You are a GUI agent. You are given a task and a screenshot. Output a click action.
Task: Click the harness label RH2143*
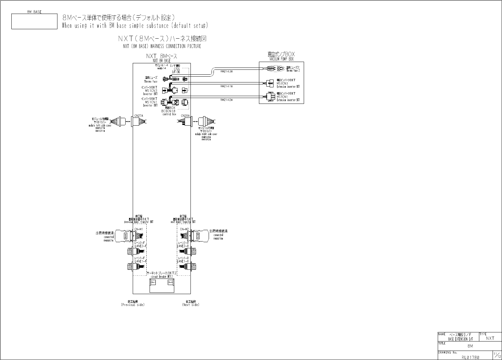point(227,71)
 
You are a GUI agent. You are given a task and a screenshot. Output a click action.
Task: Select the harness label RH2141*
point(227,86)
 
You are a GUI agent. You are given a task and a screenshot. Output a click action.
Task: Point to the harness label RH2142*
point(227,100)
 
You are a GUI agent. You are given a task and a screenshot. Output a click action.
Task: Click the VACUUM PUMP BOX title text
point(281,59)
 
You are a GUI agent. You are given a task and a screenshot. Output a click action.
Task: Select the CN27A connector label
point(139,116)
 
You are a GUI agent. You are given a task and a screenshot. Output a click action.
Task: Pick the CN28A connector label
point(185,116)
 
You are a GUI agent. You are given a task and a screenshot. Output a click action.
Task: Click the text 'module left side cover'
point(100,125)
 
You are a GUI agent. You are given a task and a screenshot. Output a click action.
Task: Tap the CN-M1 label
point(139,229)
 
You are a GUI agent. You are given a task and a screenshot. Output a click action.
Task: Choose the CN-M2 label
point(184,229)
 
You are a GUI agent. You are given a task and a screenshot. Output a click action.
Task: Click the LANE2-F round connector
point(133,252)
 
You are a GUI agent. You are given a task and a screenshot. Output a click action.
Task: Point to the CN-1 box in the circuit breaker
point(153,282)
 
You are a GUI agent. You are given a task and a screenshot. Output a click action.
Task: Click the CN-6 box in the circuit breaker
point(170,282)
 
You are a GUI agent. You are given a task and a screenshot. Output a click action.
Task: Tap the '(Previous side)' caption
point(132,305)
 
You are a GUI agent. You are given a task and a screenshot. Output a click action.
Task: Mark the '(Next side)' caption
point(190,305)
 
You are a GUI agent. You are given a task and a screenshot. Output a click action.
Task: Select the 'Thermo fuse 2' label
point(292,70)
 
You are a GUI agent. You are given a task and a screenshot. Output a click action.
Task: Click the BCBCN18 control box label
point(168,111)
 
